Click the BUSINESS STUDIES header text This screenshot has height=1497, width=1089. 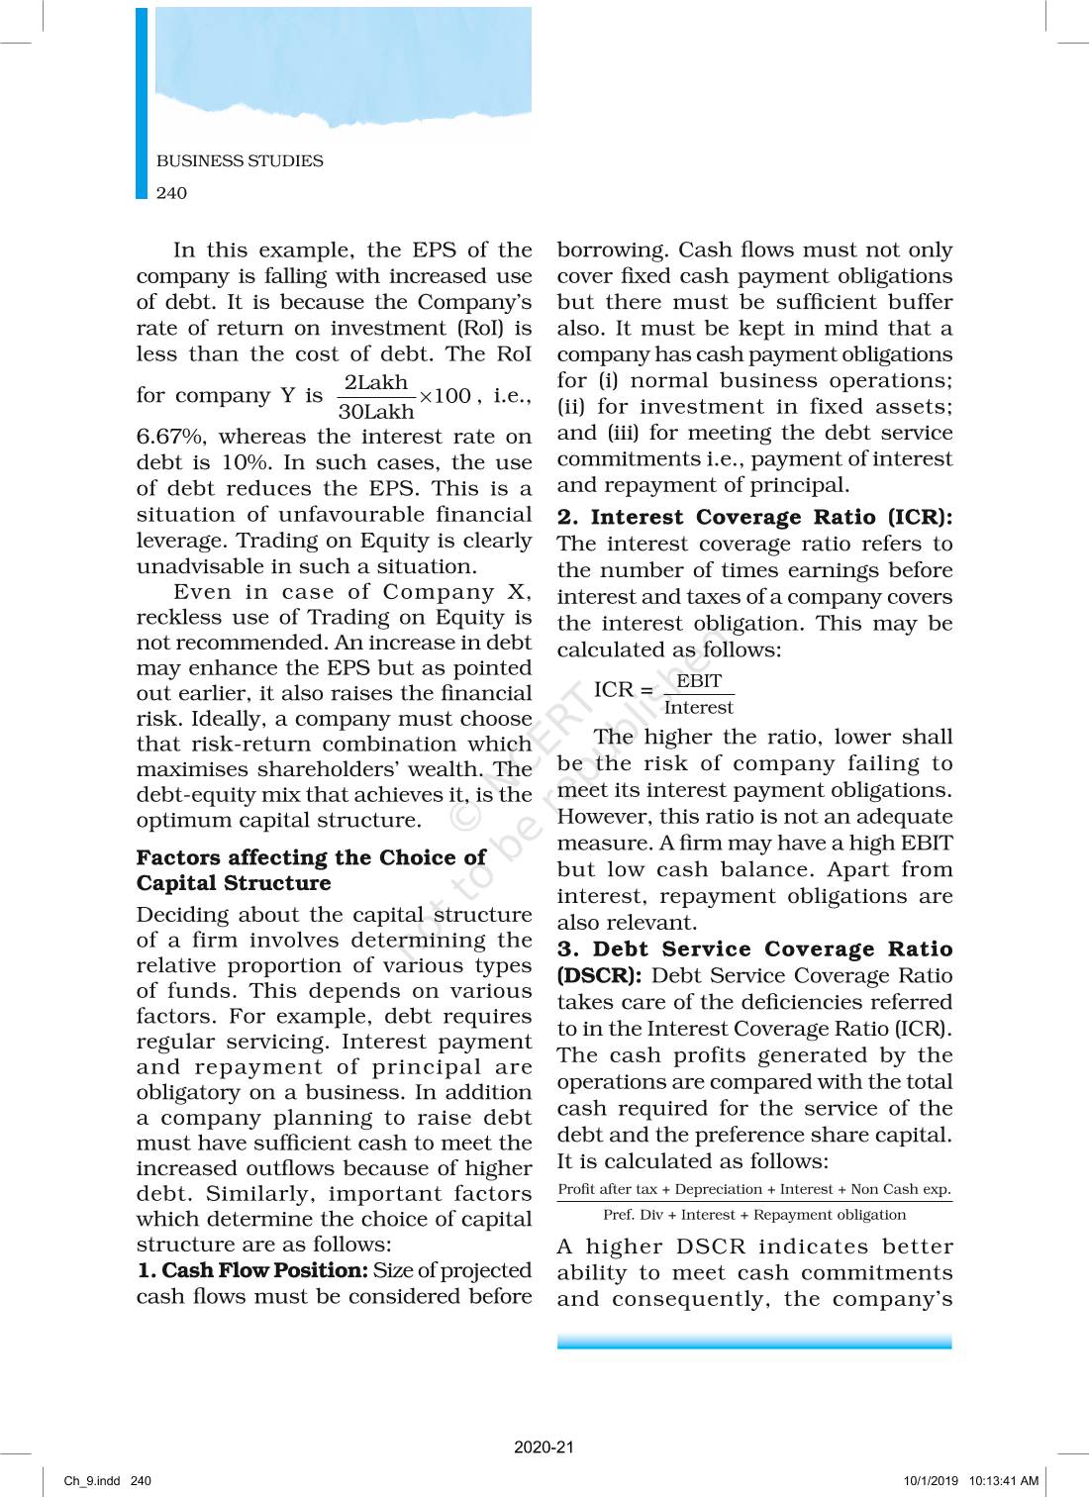tap(240, 160)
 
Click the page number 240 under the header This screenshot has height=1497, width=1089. tap(171, 193)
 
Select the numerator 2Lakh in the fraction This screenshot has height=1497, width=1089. tap(376, 382)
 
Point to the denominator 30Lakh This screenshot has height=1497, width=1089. tap(376, 412)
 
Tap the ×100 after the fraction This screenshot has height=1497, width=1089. tap(445, 396)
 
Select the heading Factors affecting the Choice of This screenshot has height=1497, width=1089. tap(311, 857)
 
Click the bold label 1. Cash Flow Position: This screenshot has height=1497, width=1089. tap(252, 1270)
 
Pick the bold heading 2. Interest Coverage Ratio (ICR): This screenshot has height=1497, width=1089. tap(754, 517)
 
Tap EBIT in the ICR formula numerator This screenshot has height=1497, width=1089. tap(699, 681)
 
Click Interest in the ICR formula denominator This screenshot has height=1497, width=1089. tap(699, 707)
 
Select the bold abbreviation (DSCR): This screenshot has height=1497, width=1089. tap(600, 975)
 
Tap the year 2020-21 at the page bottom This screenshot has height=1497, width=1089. tap(544, 1447)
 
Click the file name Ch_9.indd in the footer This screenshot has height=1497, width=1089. tap(92, 1481)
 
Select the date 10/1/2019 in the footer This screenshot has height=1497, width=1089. tap(931, 1481)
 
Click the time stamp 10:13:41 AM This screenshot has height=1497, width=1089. tap(1004, 1481)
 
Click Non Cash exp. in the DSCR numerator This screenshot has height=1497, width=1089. tap(901, 1189)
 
